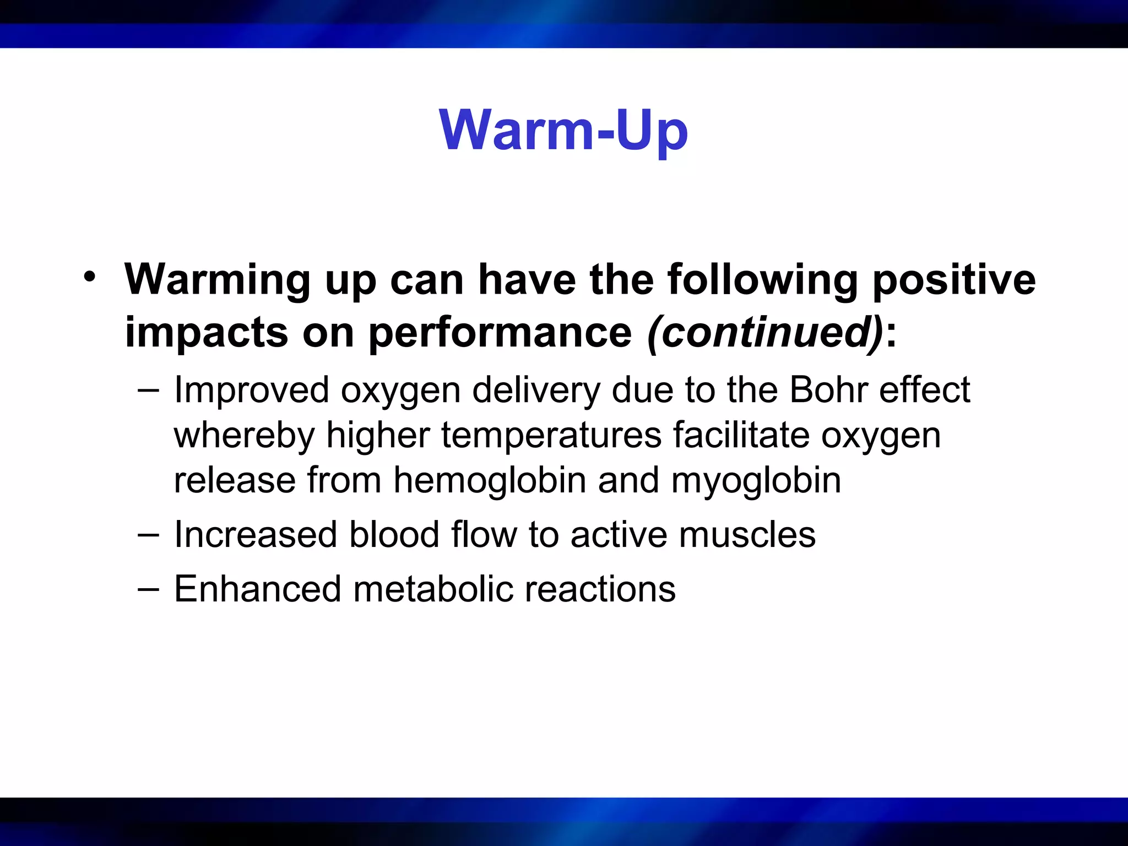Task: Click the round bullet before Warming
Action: pos(89,276)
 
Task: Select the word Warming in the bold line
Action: pos(218,280)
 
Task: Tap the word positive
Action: pos(953,280)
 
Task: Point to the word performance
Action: pos(500,333)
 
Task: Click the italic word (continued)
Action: pos(766,333)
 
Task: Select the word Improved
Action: pos(252,390)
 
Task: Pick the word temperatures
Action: pos(551,435)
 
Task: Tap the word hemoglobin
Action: pos(490,480)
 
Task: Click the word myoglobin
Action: pos(756,480)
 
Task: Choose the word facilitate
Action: pos(741,435)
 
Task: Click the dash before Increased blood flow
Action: pos(149,534)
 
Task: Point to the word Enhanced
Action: pos(258,589)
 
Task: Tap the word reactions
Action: pos(600,589)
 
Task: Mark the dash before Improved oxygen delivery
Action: pos(149,390)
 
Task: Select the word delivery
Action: pos(535,390)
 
